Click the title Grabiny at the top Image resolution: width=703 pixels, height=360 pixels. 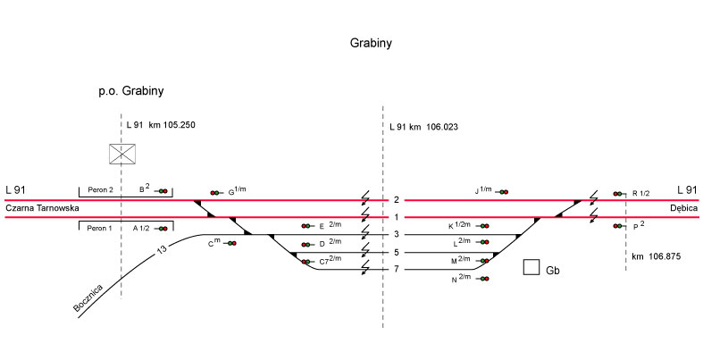[372, 42]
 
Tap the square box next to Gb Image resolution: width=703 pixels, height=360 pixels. [531, 267]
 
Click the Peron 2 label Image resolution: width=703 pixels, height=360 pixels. [98, 190]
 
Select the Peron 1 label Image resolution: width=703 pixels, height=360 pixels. [98, 229]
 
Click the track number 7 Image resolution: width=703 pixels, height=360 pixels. [395, 270]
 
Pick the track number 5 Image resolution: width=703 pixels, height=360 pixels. [395, 253]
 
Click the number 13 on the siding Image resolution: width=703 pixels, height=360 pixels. [162, 249]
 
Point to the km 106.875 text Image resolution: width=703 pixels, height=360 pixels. [657, 256]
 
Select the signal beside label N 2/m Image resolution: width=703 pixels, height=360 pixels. [484, 280]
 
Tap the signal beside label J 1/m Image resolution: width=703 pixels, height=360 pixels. [503, 191]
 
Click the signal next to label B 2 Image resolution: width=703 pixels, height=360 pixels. [162, 190]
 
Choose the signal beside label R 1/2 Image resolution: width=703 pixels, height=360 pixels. [618, 193]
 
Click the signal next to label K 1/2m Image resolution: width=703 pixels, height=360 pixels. [484, 226]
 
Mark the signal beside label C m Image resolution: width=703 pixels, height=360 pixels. [230, 243]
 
